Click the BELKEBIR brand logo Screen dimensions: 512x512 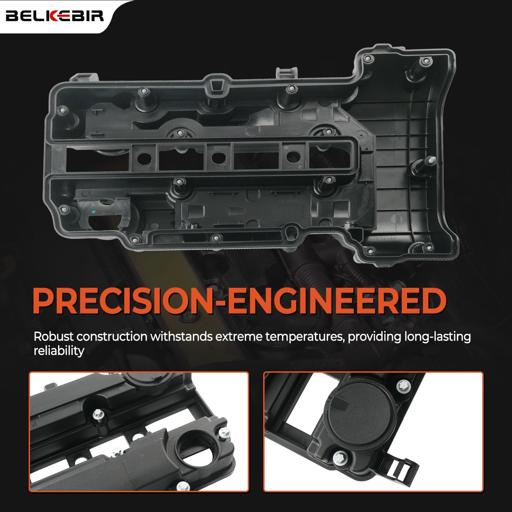click(x=55, y=16)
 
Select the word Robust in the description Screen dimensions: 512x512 click(x=54, y=337)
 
